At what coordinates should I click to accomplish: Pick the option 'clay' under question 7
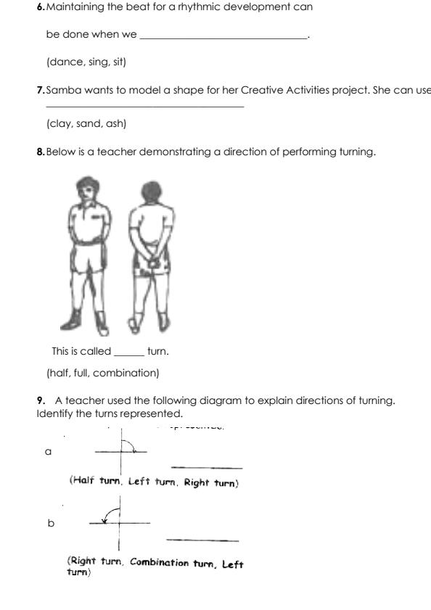click(62, 123)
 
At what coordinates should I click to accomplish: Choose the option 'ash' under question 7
click(115, 123)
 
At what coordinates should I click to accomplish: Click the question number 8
click(40, 152)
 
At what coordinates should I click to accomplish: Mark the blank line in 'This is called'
click(129, 353)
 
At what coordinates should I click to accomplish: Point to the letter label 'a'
click(49, 451)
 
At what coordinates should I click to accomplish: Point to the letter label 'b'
click(50, 523)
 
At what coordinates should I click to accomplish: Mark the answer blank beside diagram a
click(207, 468)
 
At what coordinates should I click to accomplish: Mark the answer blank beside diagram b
click(202, 540)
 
